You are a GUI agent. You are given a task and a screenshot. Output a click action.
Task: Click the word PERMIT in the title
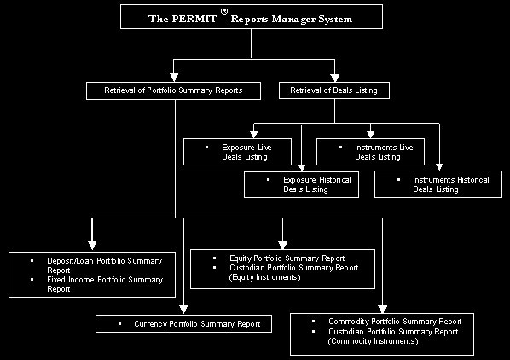[x=194, y=19]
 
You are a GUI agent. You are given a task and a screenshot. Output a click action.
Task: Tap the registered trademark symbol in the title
[x=224, y=12]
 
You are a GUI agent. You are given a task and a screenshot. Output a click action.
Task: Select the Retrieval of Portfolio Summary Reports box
[x=173, y=90]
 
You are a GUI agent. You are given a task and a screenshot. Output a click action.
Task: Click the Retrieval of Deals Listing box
[x=334, y=90]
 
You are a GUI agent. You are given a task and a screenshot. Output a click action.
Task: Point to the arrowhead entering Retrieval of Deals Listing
[x=334, y=78]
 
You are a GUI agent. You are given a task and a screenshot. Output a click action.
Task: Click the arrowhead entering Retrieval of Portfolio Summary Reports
[x=174, y=78]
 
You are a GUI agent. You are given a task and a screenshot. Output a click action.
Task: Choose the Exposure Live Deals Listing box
[x=237, y=152]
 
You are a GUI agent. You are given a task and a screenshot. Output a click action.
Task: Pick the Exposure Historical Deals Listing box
[x=302, y=184]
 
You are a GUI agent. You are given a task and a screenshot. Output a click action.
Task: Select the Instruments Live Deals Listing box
[x=370, y=152]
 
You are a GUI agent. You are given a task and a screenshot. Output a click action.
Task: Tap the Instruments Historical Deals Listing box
[x=438, y=184]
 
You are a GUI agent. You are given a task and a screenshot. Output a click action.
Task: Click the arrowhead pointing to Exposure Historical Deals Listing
[x=302, y=168]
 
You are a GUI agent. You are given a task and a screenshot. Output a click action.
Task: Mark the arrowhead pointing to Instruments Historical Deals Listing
[x=439, y=167]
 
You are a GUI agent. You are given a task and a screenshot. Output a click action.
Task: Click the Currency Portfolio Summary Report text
[x=197, y=324]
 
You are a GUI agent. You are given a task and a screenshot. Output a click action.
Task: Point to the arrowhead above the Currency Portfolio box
[x=183, y=310]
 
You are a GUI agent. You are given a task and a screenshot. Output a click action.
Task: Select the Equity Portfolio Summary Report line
[x=287, y=258]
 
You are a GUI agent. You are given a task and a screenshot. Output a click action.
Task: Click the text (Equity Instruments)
[x=264, y=277]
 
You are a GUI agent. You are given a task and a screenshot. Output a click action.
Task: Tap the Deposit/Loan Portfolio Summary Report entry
[x=104, y=265]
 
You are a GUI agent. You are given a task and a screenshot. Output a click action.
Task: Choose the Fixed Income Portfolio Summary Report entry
[x=105, y=284]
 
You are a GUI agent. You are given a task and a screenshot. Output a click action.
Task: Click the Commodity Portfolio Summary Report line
[x=395, y=322]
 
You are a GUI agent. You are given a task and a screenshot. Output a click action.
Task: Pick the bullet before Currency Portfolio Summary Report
[x=119, y=324]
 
